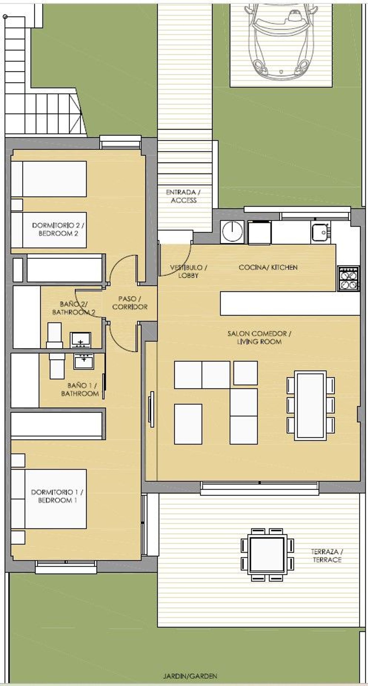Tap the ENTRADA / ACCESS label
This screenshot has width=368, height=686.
pos(183,196)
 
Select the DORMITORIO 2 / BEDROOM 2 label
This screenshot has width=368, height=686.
pos(58,229)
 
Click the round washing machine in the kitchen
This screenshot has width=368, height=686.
pos(232,232)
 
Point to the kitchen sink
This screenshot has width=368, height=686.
pos(320,232)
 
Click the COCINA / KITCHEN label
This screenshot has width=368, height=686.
pos(268,267)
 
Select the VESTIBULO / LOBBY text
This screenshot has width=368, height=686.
pos(188,271)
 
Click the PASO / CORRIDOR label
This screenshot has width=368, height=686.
pos(130,303)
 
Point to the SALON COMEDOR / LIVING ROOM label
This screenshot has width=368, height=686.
pos(259,338)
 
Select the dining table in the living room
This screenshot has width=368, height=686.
pos(311,405)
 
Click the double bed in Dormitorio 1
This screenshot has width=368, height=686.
pos(49,499)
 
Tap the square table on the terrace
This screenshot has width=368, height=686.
pos(267,555)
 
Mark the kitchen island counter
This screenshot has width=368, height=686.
pos(290,303)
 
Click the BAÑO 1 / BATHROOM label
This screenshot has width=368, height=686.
pos(80,389)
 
